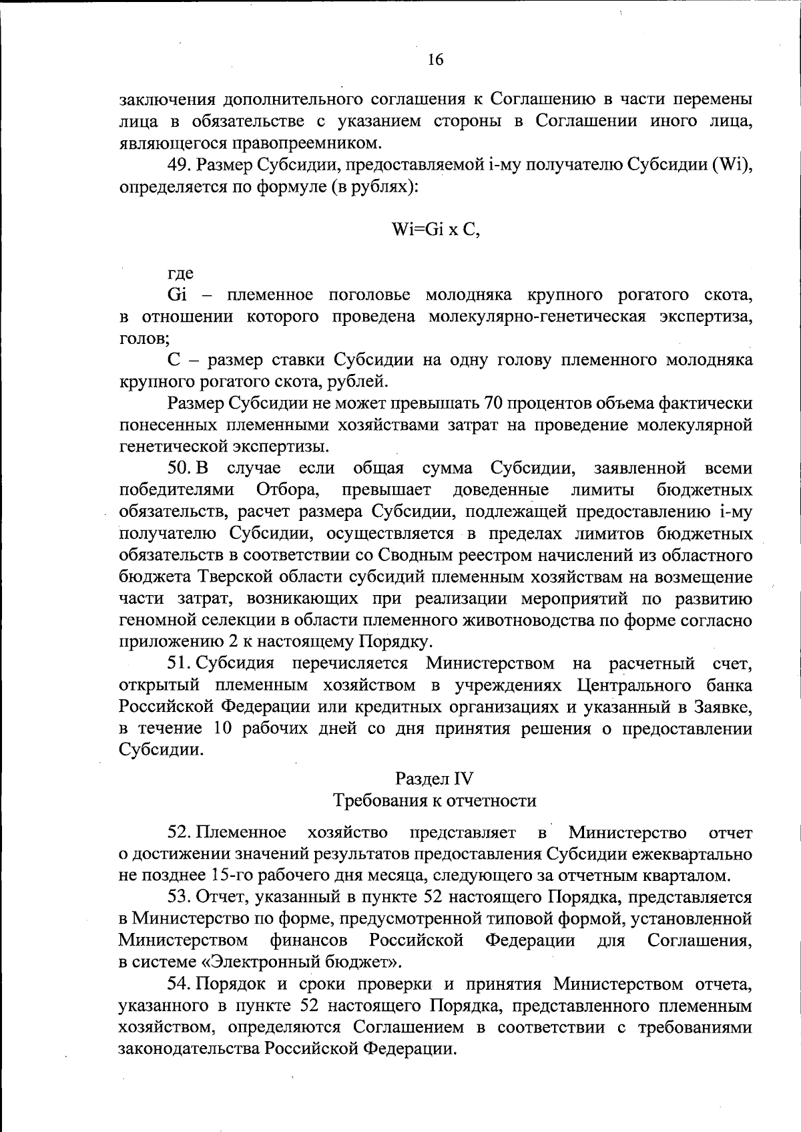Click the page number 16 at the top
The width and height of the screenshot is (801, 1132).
click(435, 60)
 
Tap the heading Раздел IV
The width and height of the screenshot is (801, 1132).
click(434, 779)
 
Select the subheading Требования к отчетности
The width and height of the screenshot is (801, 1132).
click(434, 801)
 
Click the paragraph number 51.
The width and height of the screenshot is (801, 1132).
click(178, 663)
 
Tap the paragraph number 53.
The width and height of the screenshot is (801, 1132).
click(178, 897)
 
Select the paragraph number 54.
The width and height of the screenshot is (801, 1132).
click(178, 984)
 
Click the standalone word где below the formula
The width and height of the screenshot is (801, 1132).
click(180, 273)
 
